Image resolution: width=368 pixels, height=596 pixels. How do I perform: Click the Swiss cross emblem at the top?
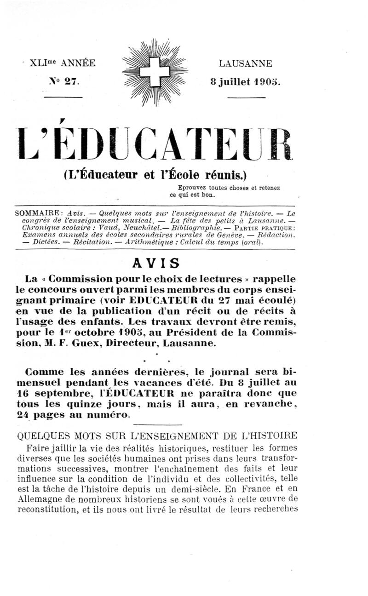(x=155, y=72)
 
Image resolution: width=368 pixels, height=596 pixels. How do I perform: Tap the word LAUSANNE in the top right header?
(x=245, y=63)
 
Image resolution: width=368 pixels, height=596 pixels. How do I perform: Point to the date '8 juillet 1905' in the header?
(x=245, y=82)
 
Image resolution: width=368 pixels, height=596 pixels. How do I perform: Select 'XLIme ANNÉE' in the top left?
(x=63, y=63)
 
